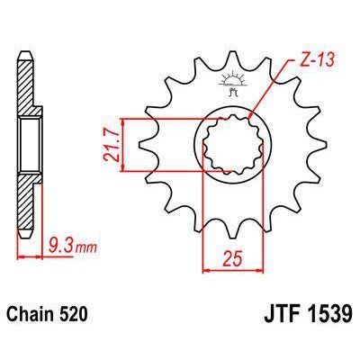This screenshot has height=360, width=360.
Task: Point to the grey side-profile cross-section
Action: coord(27,144)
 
